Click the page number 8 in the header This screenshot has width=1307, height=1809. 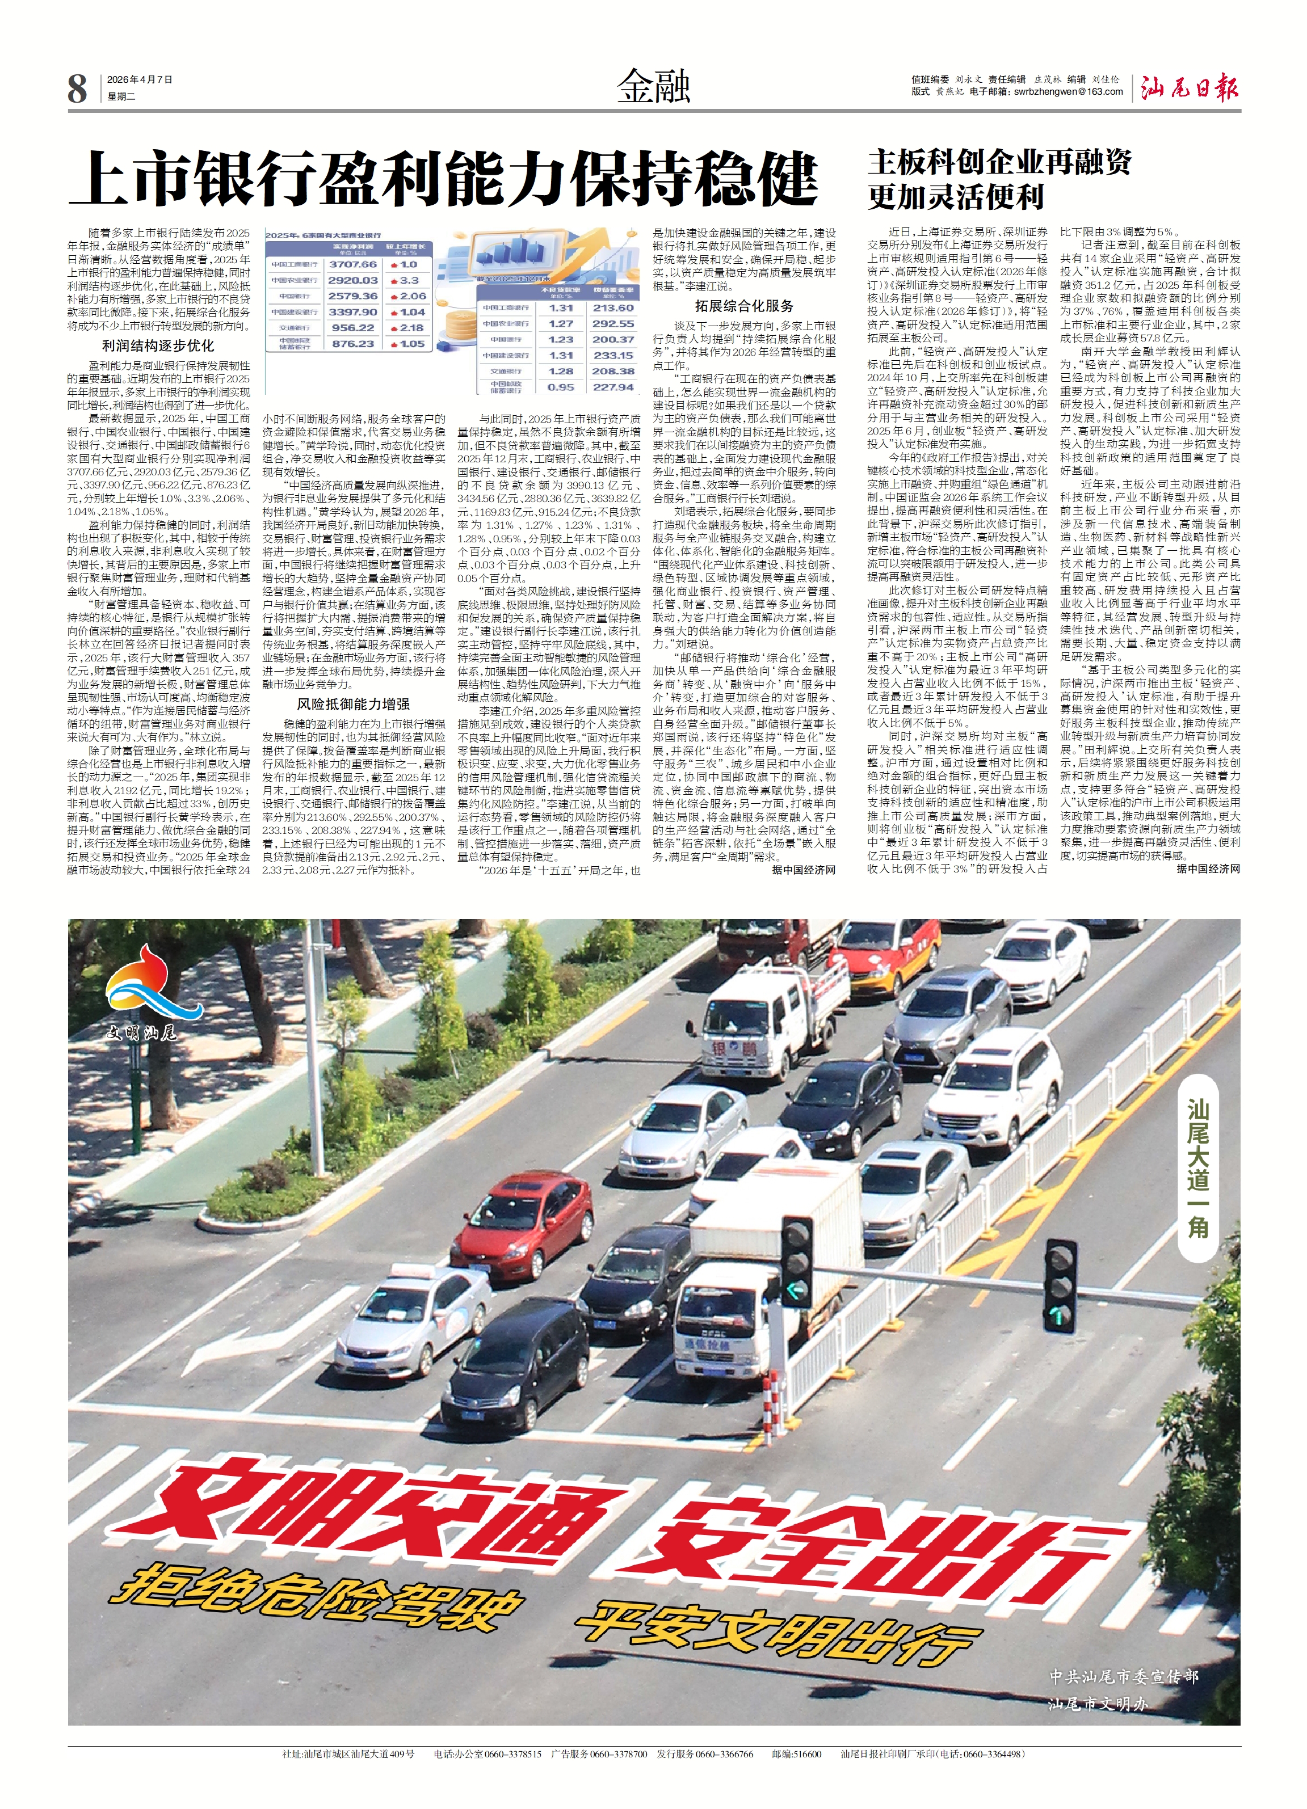pos(77,88)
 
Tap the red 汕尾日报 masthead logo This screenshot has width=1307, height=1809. pos(1189,88)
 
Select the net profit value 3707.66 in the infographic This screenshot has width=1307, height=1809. pos(352,264)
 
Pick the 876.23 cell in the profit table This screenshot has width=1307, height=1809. pos(352,344)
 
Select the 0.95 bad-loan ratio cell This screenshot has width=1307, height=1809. pos(561,387)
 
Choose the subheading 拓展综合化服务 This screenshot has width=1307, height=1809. pos(743,306)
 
